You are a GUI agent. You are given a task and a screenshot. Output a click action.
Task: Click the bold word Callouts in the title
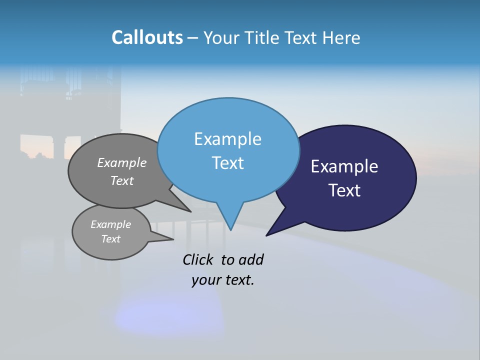pyautogui.click(x=147, y=38)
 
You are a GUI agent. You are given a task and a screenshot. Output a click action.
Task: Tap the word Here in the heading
pyautogui.click(x=341, y=38)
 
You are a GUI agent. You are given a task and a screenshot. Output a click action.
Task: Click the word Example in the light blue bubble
pyautogui.click(x=227, y=139)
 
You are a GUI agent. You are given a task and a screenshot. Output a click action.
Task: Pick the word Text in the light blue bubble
pyautogui.click(x=227, y=163)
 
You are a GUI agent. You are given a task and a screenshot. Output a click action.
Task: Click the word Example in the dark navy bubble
pyautogui.click(x=344, y=166)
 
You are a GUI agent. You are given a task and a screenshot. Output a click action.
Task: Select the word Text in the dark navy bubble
pyautogui.click(x=344, y=190)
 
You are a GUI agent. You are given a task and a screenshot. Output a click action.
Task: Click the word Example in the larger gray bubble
pyautogui.click(x=122, y=163)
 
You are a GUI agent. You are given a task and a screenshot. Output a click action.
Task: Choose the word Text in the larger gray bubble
pyautogui.click(x=122, y=181)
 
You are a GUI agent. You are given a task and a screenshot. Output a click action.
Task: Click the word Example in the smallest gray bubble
pyautogui.click(x=110, y=224)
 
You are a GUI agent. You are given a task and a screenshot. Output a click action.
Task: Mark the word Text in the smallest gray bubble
pyautogui.click(x=110, y=239)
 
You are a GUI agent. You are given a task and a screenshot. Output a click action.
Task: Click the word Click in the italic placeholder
pyautogui.click(x=198, y=259)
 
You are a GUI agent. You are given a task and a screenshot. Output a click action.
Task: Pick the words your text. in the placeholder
pyautogui.click(x=223, y=280)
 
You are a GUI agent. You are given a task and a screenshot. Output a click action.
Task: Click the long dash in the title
pyautogui.click(x=193, y=38)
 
